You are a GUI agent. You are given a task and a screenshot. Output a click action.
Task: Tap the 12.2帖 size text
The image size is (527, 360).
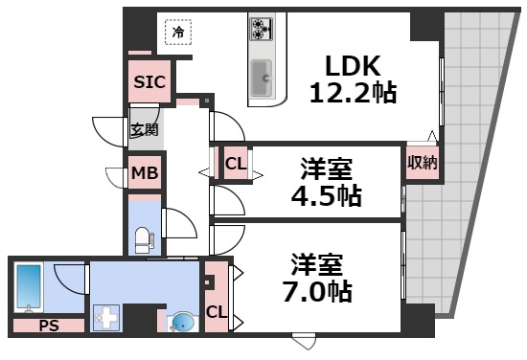(x=353, y=92)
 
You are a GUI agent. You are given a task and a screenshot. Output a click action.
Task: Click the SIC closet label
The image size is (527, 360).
(x=149, y=82)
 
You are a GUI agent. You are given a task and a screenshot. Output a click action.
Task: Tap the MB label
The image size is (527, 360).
(x=145, y=173)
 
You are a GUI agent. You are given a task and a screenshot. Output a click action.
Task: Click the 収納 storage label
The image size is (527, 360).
(x=422, y=163)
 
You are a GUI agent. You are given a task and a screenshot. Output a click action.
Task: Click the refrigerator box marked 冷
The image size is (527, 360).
(x=177, y=33)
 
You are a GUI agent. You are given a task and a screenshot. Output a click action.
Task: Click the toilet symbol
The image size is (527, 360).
(x=142, y=236)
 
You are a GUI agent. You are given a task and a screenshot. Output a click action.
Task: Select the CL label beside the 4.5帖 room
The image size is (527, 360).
(x=236, y=163)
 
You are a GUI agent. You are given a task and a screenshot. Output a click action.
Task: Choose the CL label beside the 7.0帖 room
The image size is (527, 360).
(x=217, y=311)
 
